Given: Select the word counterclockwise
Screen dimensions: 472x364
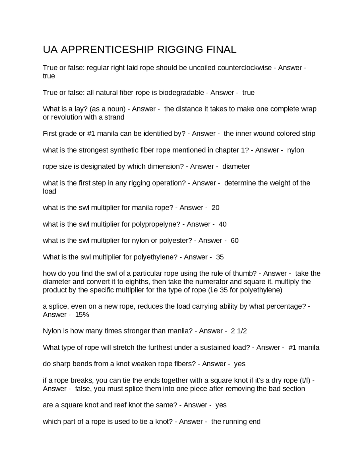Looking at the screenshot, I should tap(244, 68).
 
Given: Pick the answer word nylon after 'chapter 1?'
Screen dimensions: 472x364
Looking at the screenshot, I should tap(295, 150).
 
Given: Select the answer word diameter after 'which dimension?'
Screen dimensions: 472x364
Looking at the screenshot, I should tap(236, 166).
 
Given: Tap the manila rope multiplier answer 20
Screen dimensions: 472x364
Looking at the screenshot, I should tap(216, 208).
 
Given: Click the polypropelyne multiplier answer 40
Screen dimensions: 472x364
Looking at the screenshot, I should tap(223, 224).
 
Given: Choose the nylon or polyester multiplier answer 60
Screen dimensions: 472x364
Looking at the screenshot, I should tap(235, 241).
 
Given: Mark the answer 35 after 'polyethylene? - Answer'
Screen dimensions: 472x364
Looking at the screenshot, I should tap(220, 257).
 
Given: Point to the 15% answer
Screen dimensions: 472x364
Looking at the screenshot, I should tap(82, 315).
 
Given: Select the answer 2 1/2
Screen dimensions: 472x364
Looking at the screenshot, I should tap(239, 331).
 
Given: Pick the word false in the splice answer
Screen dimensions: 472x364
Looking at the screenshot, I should tap(82, 389).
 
